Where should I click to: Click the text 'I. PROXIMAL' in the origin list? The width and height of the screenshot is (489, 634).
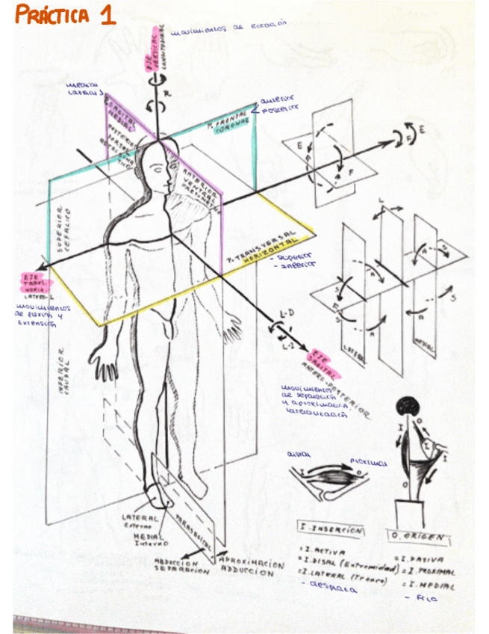(x=429, y=570)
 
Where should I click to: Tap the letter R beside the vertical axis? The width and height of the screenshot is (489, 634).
(x=167, y=95)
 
